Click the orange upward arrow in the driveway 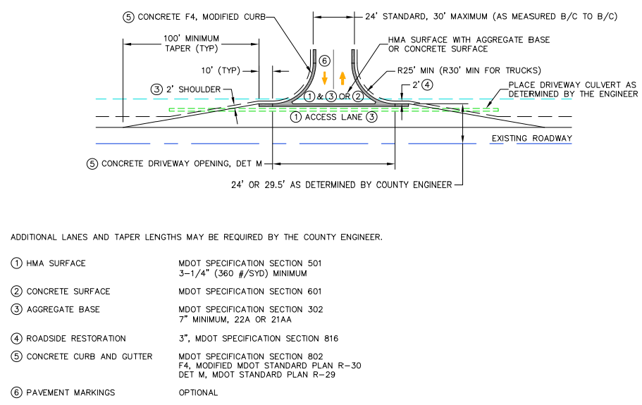pos(342,77)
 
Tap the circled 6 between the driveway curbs pos(324,61)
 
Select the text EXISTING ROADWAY pos(531,138)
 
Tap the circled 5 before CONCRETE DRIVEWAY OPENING pos(92,163)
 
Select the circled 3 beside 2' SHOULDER pos(156,89)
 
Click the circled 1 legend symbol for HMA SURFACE pos(16,263)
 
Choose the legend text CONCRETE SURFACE pos(68,292)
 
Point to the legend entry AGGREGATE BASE pos(63,310)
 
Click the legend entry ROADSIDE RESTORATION pos(76,339)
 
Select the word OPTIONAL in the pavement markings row pos(199,392)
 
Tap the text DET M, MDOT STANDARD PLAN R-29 pos(257,375)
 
